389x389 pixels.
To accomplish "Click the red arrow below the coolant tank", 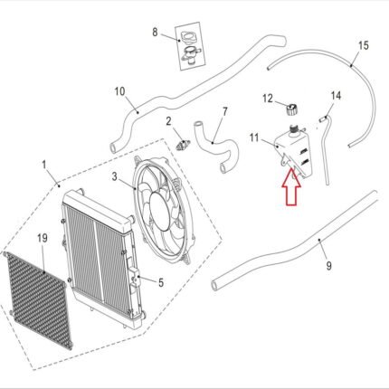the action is point(291,186).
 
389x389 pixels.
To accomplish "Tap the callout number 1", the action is point(44,165).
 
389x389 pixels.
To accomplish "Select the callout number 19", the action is point(43,238).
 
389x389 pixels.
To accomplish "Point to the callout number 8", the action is point(155,32).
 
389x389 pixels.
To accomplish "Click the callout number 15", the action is point(364,45).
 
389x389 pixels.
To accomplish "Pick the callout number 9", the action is point(328,266).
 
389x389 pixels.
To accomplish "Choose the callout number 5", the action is point(161,283).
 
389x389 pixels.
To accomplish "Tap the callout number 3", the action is point(114,176).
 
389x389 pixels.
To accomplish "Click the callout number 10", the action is point(119,91).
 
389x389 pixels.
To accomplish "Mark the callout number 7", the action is point(225,111).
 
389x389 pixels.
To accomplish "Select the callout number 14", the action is point(336,96).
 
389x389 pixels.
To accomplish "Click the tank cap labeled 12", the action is point(291,109).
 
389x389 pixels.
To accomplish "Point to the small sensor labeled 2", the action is point(183,144).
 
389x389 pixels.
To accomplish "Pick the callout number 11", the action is point(254,138).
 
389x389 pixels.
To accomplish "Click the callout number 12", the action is point(268,98).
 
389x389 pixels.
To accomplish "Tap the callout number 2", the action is point(168,121).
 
